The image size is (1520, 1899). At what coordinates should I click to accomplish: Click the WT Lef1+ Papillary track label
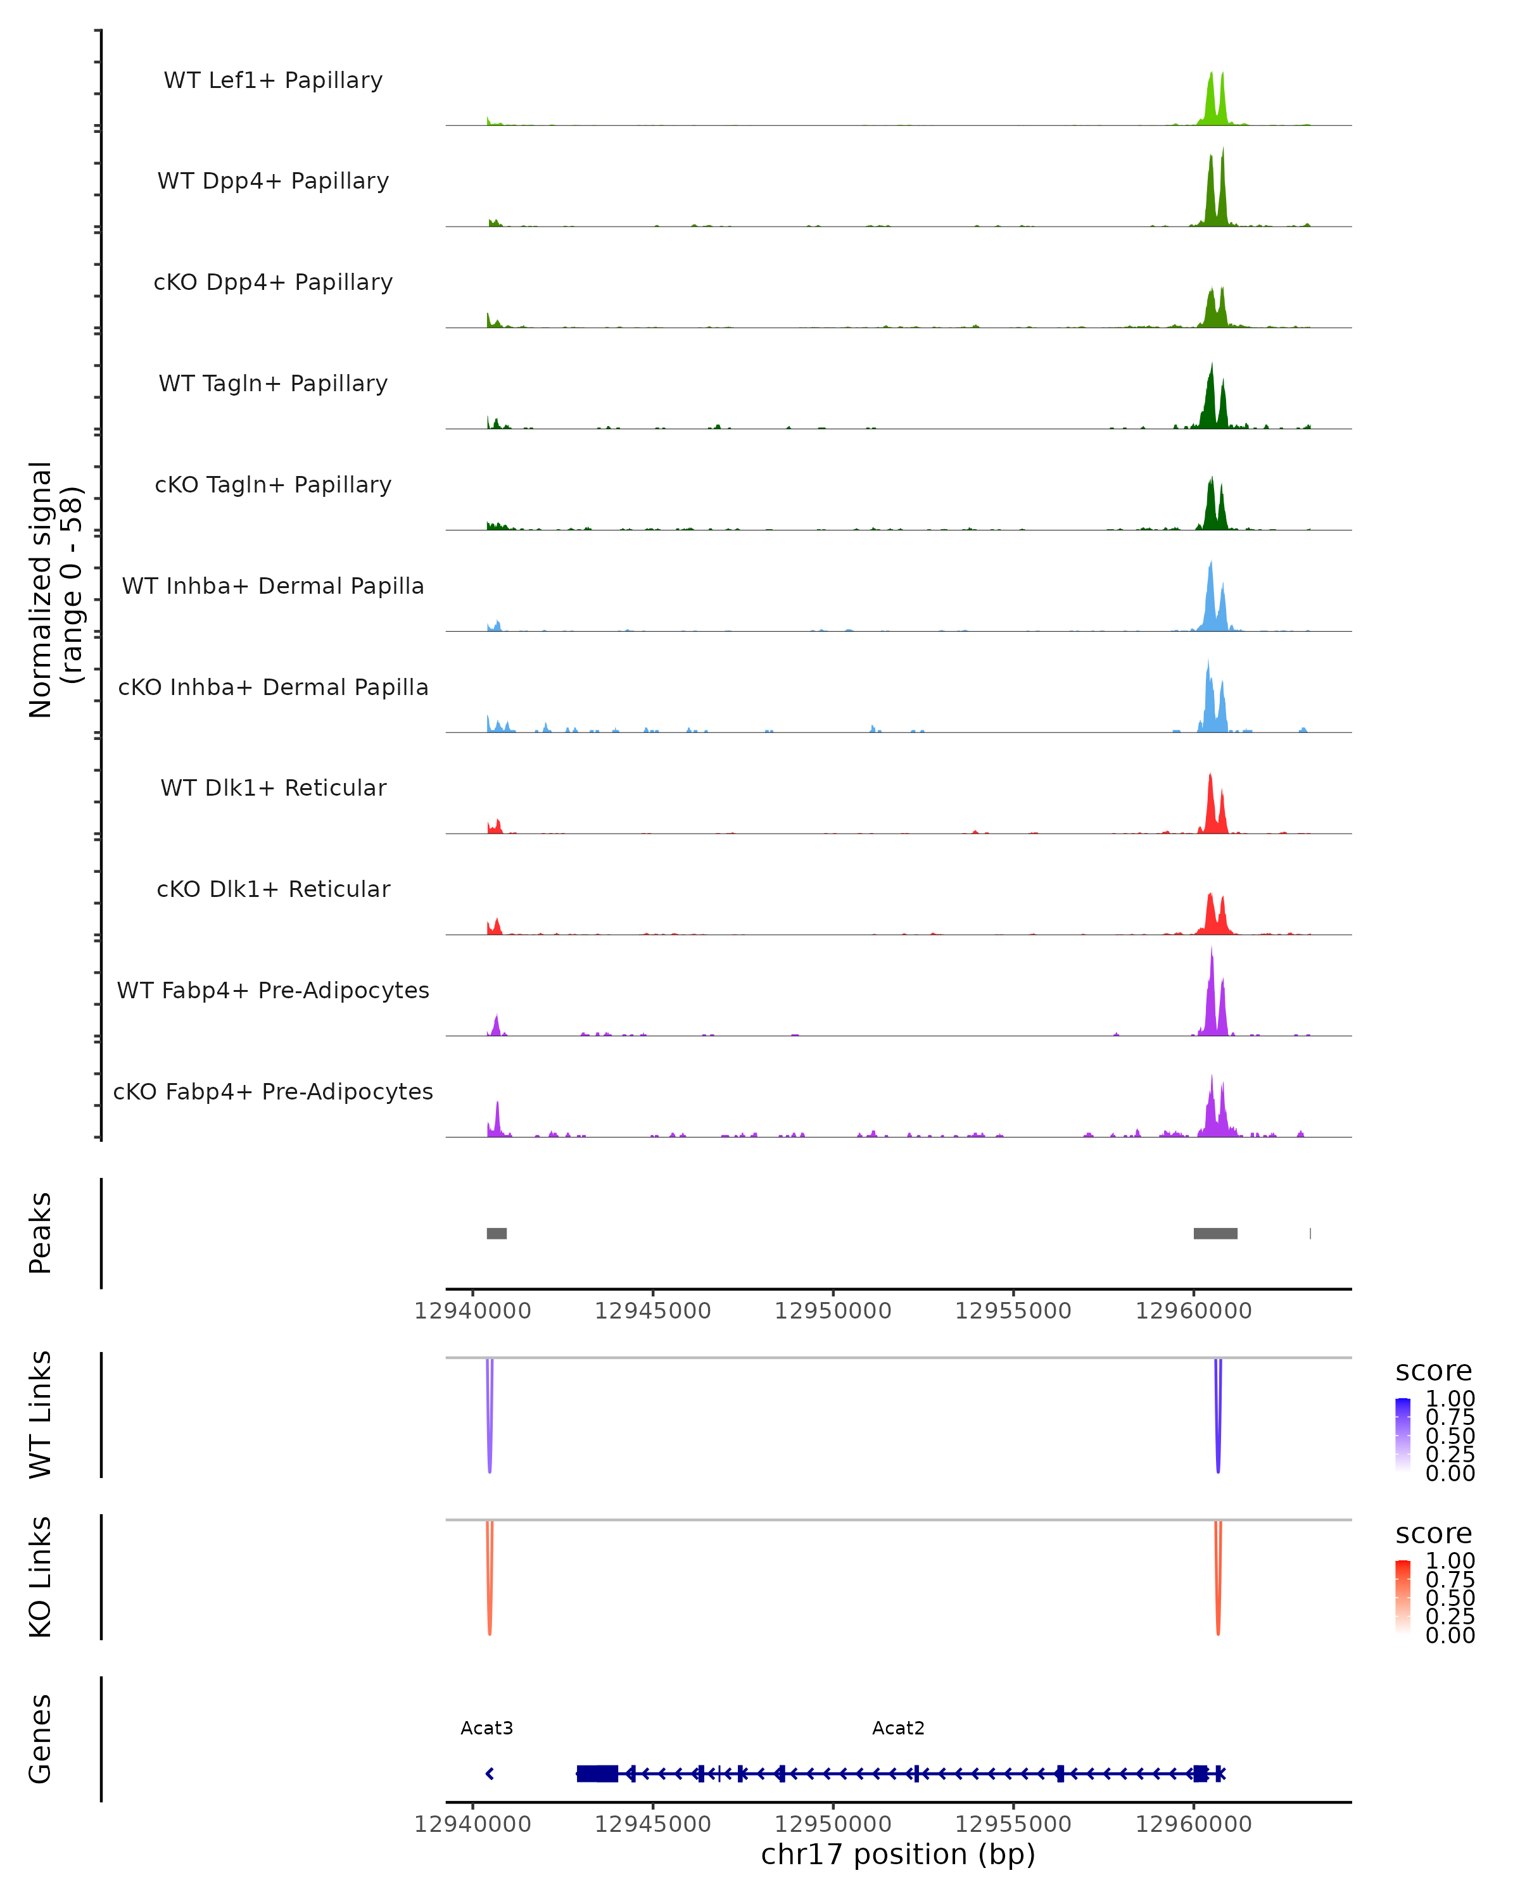273,80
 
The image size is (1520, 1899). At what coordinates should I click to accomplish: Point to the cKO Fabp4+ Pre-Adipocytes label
273,1091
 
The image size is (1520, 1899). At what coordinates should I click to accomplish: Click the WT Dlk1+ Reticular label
273,787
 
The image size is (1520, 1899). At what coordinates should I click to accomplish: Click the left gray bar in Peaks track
497,1233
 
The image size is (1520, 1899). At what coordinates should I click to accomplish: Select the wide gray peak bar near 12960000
1215,1233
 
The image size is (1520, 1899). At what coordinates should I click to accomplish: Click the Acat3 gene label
486,1728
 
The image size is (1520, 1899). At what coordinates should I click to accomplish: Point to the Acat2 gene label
898,1728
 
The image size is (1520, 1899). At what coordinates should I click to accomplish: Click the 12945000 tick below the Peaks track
653,1311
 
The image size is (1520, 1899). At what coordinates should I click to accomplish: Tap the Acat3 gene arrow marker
490,1773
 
